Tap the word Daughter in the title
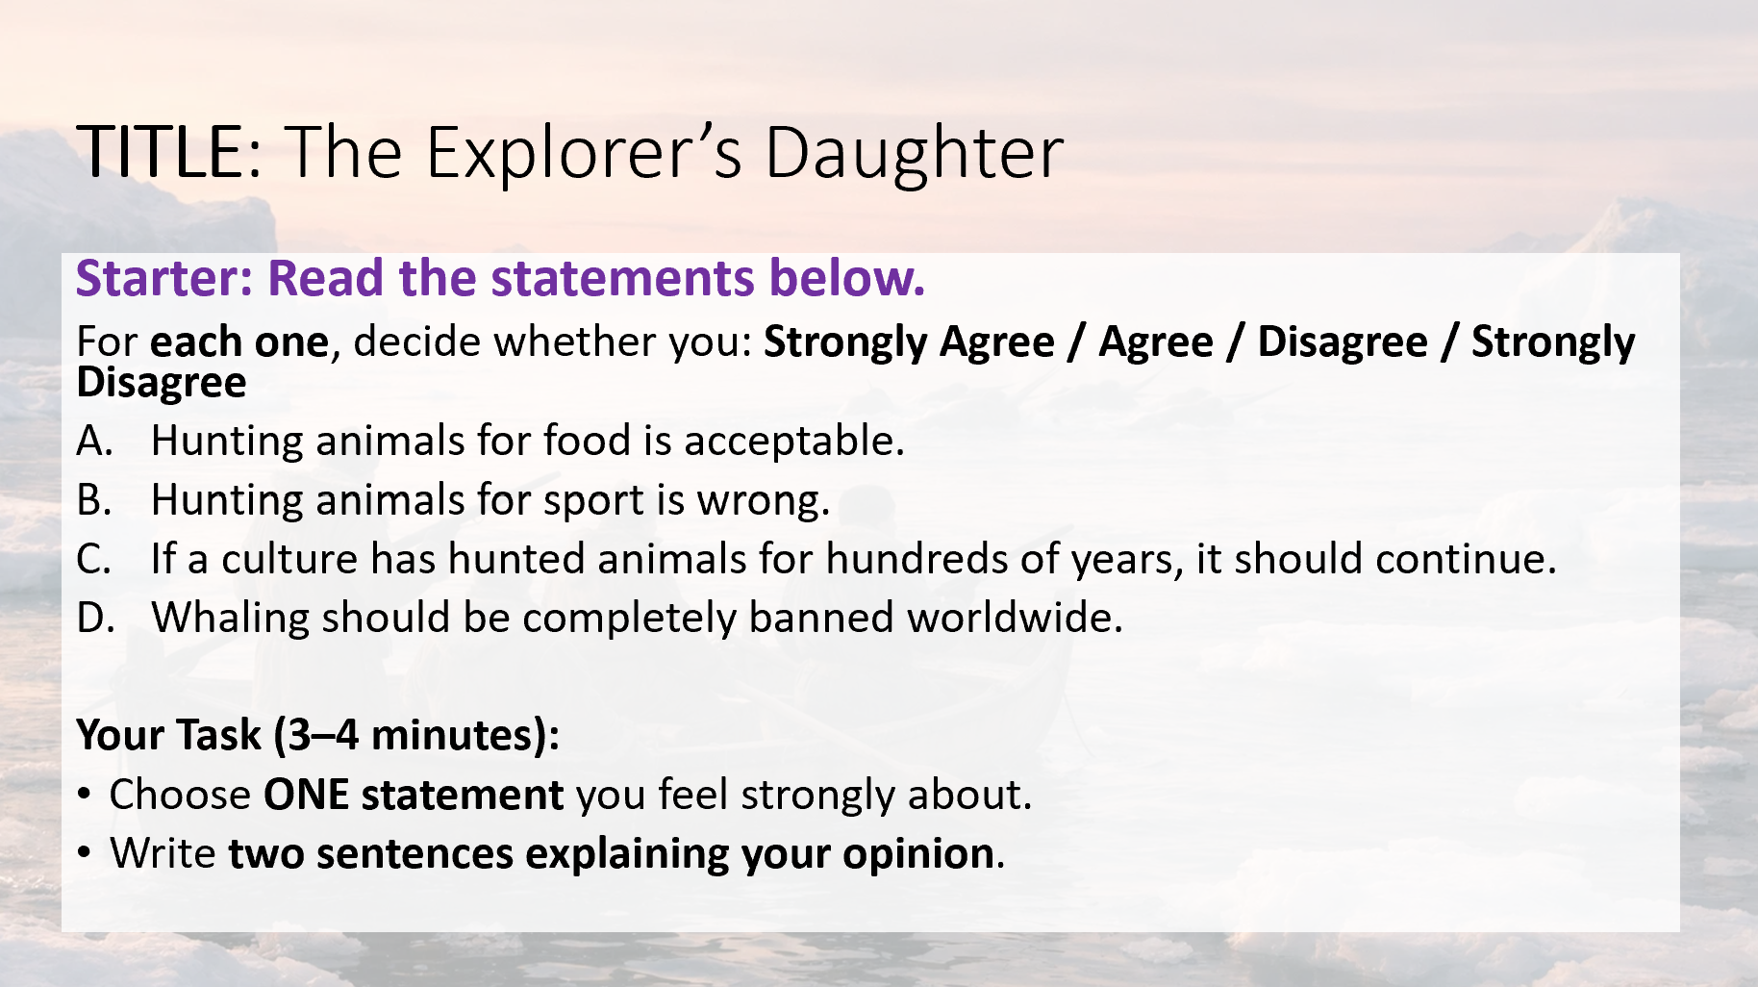point(915,154)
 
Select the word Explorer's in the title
point(584,154)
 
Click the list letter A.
point(94,441)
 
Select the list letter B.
point(93,500)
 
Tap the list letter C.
point(93,559)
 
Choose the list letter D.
point(95,618)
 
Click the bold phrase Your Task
point(168,735)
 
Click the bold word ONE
point(306,795)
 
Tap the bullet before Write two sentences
point(86,853)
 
